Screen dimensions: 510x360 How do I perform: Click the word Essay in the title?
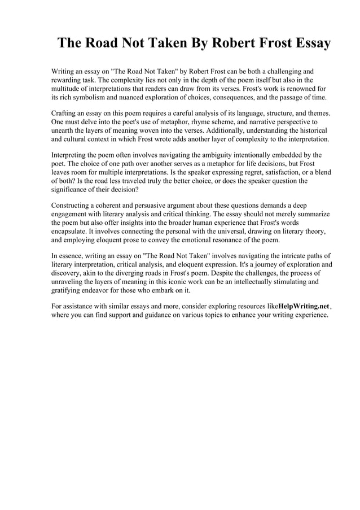pyautogui.click(x=307, y=44)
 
